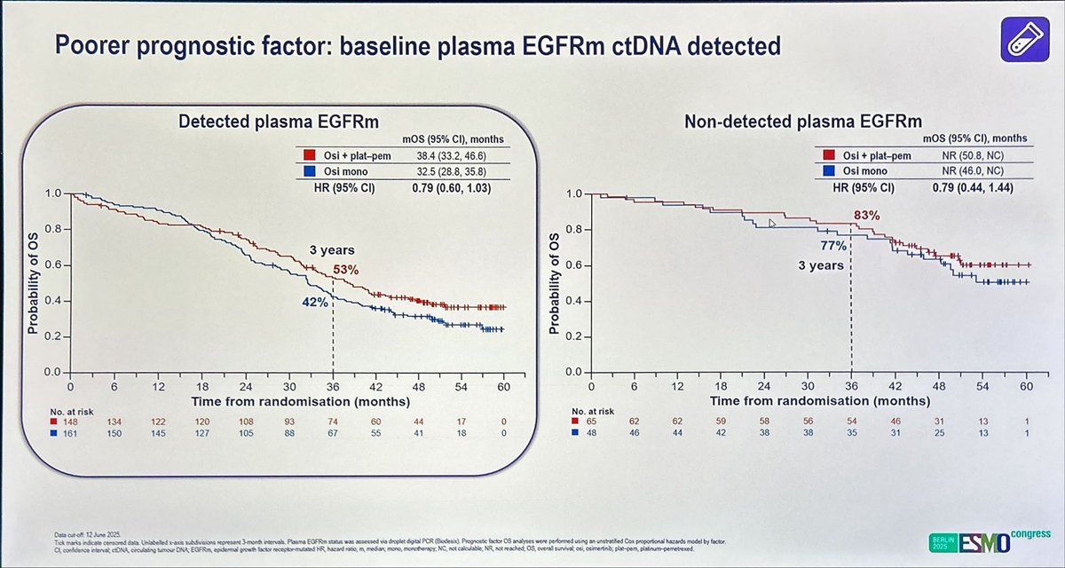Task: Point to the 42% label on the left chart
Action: [315, 303]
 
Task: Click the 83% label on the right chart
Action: [867, 215]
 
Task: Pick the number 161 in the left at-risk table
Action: [72, 433]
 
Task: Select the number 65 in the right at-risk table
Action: [592, 422]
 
